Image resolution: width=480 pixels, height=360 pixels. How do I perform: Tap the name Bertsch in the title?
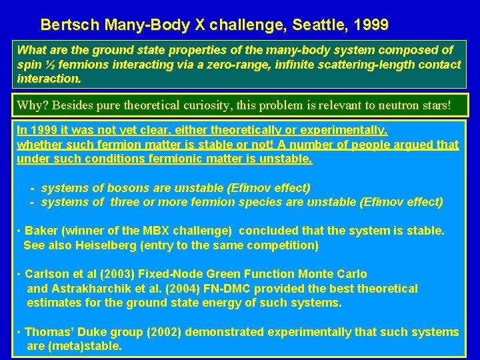[65, 25]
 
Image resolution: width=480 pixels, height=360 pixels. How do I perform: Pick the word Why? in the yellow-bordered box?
[33, 105]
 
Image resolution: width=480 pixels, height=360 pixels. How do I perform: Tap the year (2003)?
[111, 274]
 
